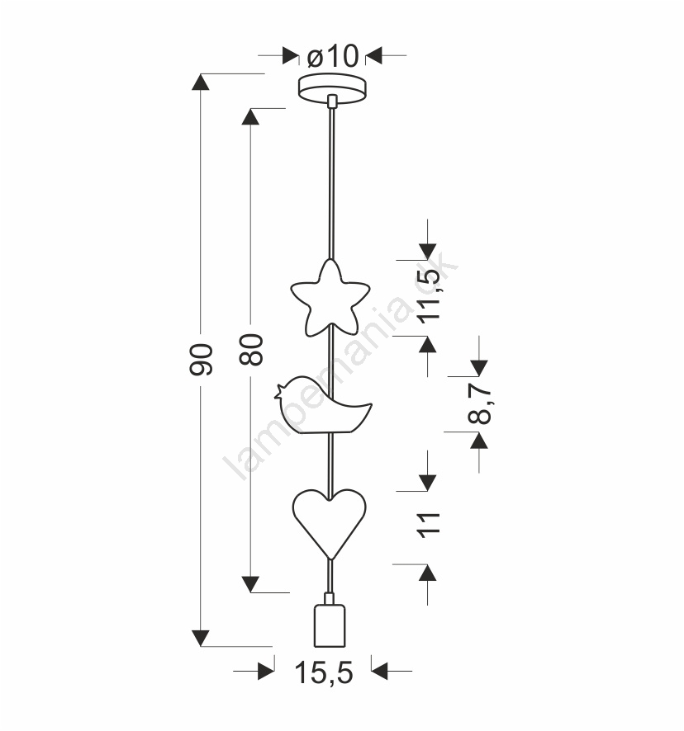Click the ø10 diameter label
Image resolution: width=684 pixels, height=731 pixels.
333,56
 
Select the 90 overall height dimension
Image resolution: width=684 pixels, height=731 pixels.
201,360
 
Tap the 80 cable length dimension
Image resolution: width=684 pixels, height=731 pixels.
251,349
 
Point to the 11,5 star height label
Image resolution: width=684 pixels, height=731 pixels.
429,296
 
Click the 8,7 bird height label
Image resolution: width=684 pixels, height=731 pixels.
479,404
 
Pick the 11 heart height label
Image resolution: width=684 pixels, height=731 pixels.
430,525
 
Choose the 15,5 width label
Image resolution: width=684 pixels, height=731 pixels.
324,672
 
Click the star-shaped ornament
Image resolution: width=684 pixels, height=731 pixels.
330,298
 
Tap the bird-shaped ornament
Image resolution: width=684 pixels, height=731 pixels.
323,404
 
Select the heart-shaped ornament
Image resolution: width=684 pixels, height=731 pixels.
330,523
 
